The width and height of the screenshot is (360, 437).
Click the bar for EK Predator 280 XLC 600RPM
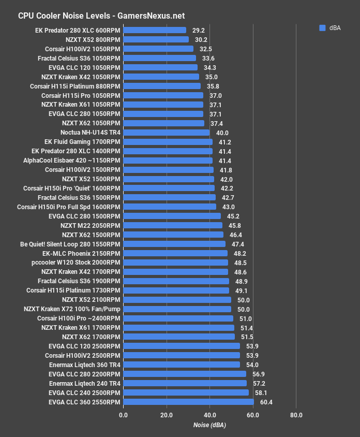click(x=155, y=30)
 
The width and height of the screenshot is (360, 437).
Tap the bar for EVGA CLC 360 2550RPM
click(x=188, y=402)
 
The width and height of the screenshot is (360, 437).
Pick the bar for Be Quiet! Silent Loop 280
click(x=174, y=244)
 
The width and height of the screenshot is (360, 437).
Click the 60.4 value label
click(x=266, y=402)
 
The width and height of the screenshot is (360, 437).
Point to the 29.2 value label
click(x=198, y=30)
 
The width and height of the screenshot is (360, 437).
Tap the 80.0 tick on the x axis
click(x=296, y=415)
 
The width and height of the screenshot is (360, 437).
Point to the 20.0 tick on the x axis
click(x=167, y=415)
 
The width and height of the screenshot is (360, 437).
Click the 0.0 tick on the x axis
click(x=123, y=415)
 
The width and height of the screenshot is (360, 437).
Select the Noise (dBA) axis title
click(x=209, y=425)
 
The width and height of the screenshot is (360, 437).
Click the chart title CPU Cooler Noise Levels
click(x=101, y=16)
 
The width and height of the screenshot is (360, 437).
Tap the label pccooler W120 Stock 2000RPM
click(x=76, y=263)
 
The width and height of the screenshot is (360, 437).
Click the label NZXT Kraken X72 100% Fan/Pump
click(x=72, y=309)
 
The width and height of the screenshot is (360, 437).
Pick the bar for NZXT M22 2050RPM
click(x=173, y=225)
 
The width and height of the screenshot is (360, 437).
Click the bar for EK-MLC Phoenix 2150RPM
click(x=175, y=253)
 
